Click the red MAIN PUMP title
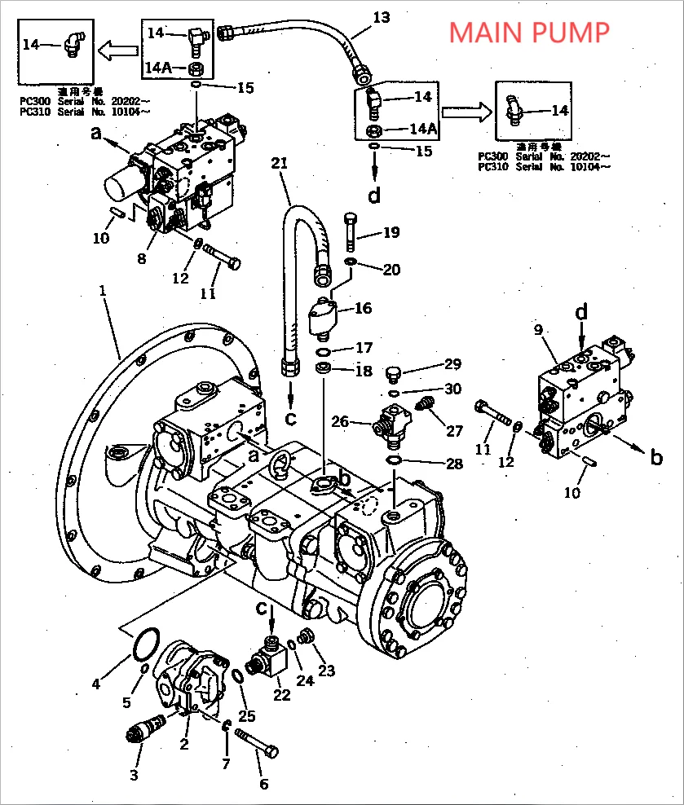click(529, 32)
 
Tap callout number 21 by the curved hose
click(280, 164)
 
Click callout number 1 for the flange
click(102, 291)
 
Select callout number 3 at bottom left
click(135, 775)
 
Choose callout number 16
click(362, 307)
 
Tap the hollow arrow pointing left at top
click(117, 51)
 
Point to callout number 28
click(454, 464)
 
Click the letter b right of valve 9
click(657, 458)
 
